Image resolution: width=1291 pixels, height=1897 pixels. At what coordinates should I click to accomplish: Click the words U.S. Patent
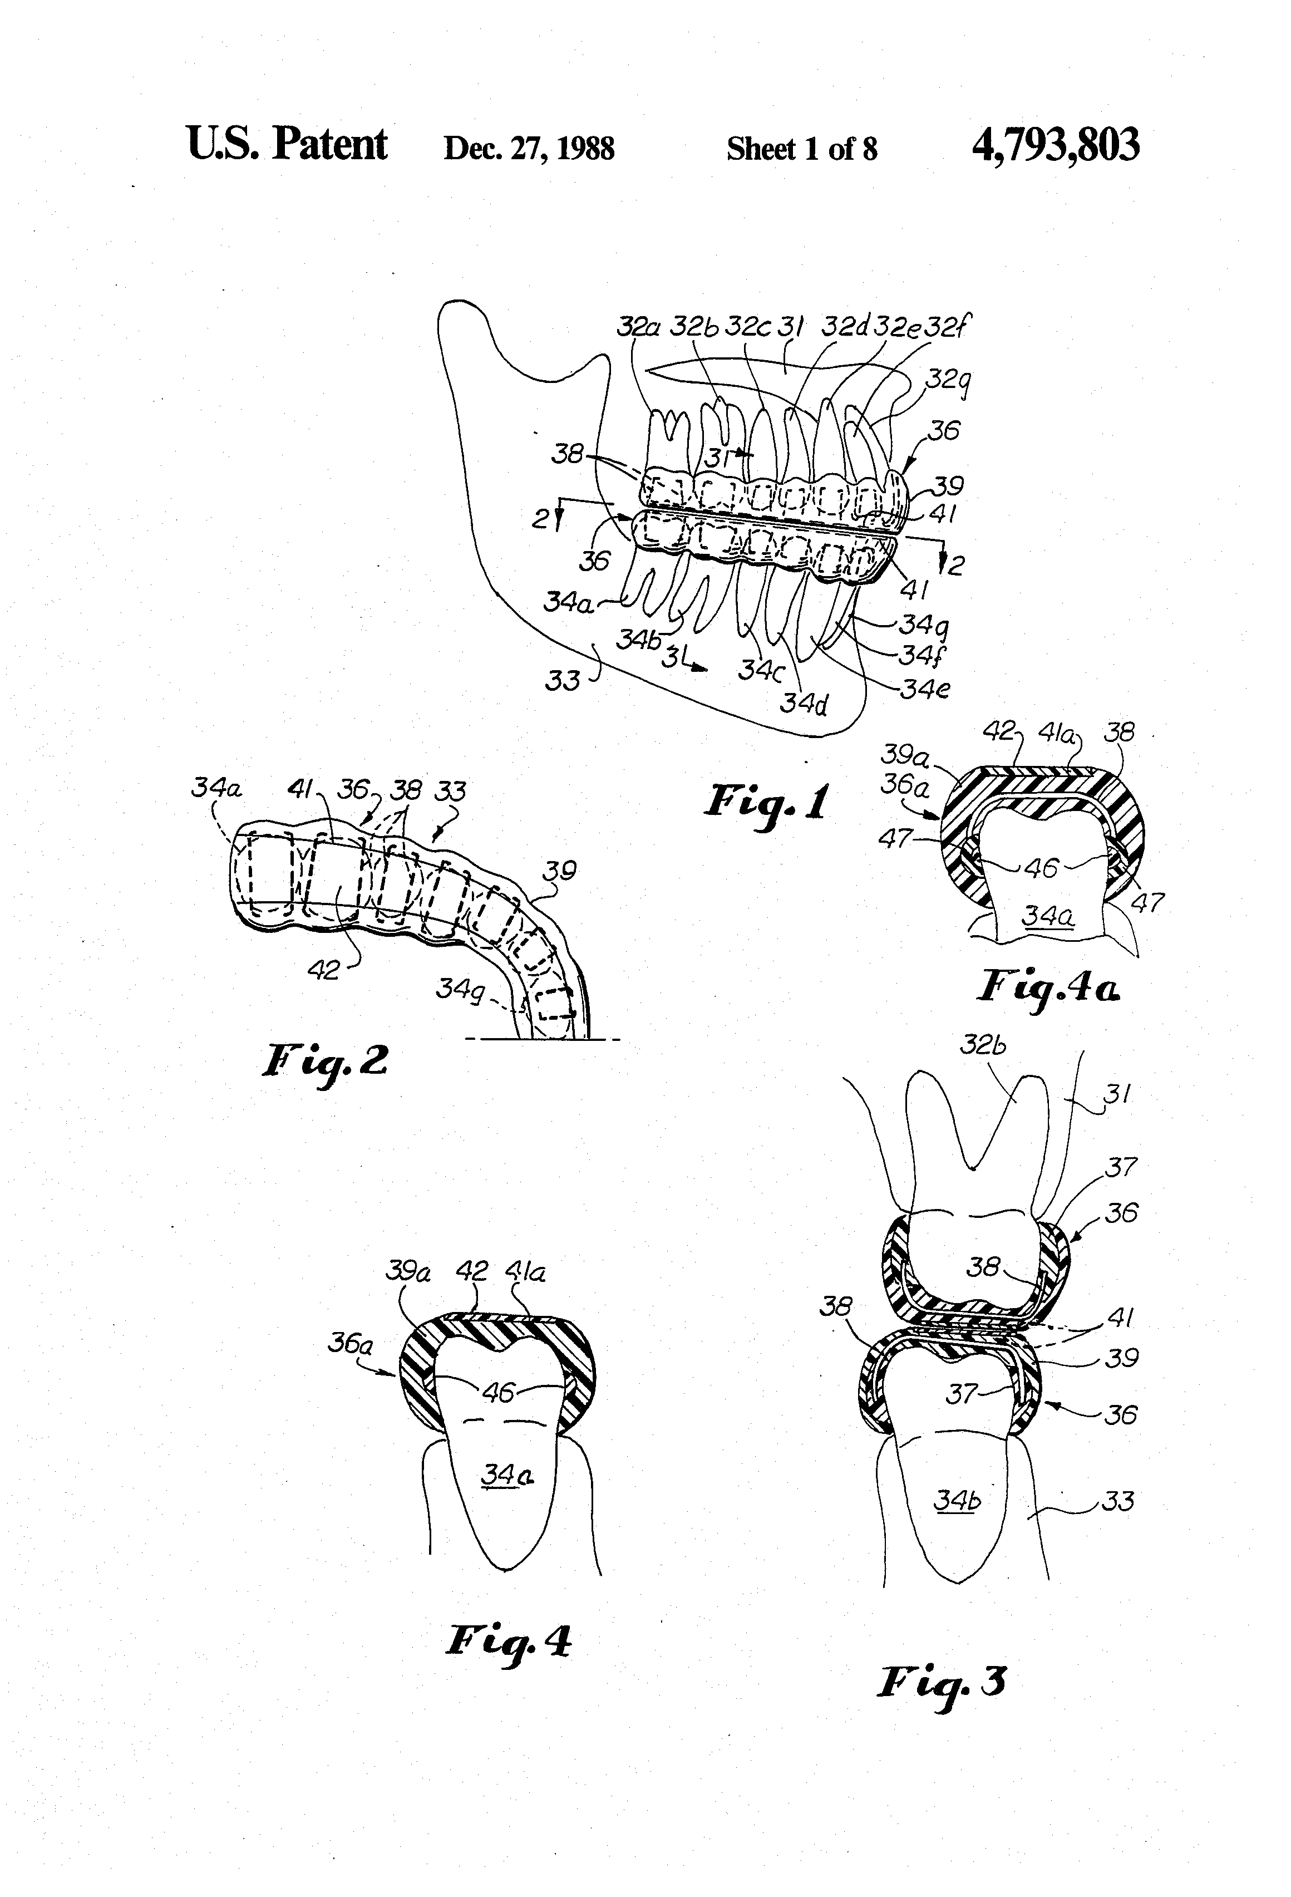[287, 144]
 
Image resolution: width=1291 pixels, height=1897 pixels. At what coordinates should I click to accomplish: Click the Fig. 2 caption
[325, 1061]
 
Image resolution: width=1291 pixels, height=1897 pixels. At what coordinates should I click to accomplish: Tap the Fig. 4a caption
[1048, 987]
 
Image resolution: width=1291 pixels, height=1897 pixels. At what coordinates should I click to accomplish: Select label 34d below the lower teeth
[804, 703]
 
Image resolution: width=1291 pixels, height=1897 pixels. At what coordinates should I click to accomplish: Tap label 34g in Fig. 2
[460, 989]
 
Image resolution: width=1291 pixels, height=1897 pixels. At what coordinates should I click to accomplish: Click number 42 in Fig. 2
[324, 969]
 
